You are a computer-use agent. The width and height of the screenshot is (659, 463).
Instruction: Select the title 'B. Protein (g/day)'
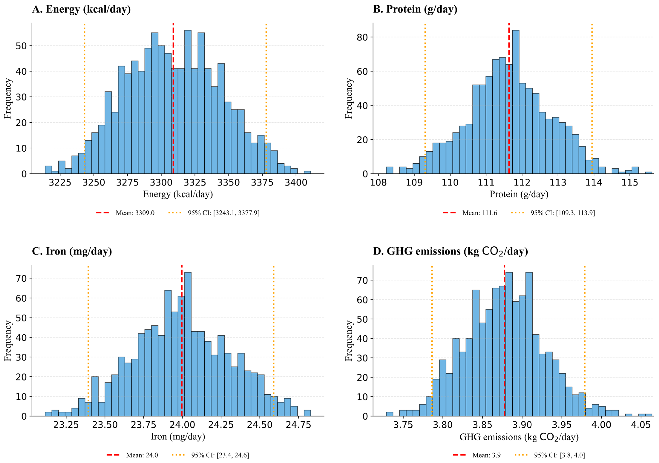tap(415, 9)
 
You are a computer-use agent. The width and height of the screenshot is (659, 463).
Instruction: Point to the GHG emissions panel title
tap(450, 251)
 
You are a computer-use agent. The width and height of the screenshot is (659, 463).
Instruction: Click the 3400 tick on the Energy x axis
tap(296, 183)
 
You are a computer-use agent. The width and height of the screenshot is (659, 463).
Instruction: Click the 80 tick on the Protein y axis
tap(362, 37)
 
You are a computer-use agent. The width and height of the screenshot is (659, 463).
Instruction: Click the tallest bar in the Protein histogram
tap(515, 102)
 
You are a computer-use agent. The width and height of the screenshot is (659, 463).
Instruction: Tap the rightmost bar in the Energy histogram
tap(307, 172)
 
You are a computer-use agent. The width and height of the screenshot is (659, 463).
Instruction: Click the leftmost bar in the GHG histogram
tap(389, 414)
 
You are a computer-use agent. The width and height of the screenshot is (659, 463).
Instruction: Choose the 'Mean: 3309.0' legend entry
tap(125, 213)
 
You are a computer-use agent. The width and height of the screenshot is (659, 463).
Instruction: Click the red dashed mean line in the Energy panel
tap(173, 98)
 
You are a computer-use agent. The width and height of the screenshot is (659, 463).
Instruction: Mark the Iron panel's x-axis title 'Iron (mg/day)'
tap(178, 437)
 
